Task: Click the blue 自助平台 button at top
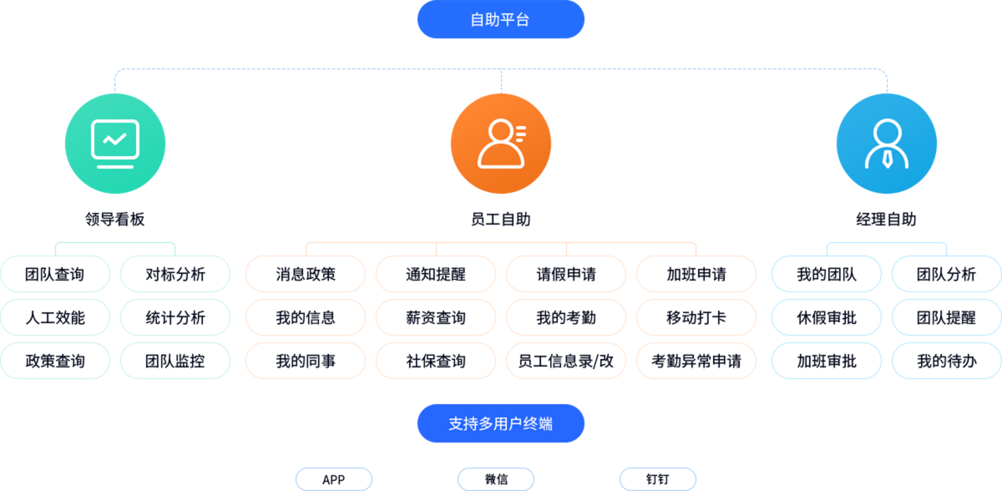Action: (x=500, y=20)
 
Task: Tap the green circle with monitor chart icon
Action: (x=115, y=144)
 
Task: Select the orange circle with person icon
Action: (x=500, y=144)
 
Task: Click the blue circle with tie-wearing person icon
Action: (x=886, y=144)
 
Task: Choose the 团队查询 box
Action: (x=55, y=274)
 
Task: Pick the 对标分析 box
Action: (x=175, y=274)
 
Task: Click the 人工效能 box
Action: (x=55, y=317)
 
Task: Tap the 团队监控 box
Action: (x=175, y=361)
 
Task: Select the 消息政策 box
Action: (x=306, y=274)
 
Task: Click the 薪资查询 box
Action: (x=436, y=317)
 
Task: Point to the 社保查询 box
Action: (x=436, y=361)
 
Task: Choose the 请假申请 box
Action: (x=566, y=274)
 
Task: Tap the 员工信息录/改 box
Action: (x=566, y=361)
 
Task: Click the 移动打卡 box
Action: (x=696, y=317)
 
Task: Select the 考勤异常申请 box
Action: (x=696, y=361)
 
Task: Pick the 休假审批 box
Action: (x=827, y=317)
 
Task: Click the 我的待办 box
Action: (x=947, y=361)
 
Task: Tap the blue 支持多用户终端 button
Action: (x=500, y=423)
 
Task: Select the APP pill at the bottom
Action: (x=333, y=479)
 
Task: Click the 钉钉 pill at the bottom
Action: (x=657, y=479)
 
